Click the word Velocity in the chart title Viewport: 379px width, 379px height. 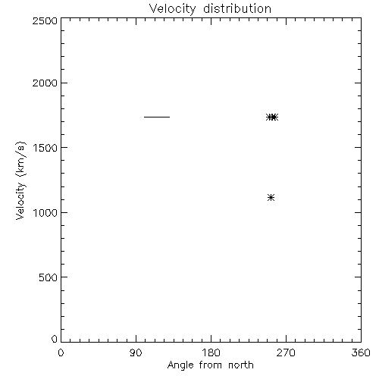coord(172,9)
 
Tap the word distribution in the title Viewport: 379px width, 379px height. coord(237,8)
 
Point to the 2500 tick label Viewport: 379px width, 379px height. coord(45,21)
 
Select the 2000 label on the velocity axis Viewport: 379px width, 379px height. coord(45,83)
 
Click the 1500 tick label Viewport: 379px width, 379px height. coord(45,148)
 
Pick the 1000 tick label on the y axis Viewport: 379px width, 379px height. coord(45,213)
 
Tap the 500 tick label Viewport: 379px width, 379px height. coord(48,277)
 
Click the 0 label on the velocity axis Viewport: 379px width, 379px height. coord(55,339)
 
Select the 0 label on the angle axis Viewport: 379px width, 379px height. coord(61,352)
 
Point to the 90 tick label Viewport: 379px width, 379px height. coord(136,352)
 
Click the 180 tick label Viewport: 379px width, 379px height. coord(211,352)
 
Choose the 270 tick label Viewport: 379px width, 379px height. coord(286,352)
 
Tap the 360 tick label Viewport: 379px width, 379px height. coord(361,352)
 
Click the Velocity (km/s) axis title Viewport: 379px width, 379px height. coord(20,180)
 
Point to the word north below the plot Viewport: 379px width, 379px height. coord(241,365)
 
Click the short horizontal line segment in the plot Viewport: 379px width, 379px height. coord(157,117)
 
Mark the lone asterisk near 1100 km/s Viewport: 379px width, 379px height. coord(271,197)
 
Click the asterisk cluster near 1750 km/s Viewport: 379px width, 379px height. coord(272,117)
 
